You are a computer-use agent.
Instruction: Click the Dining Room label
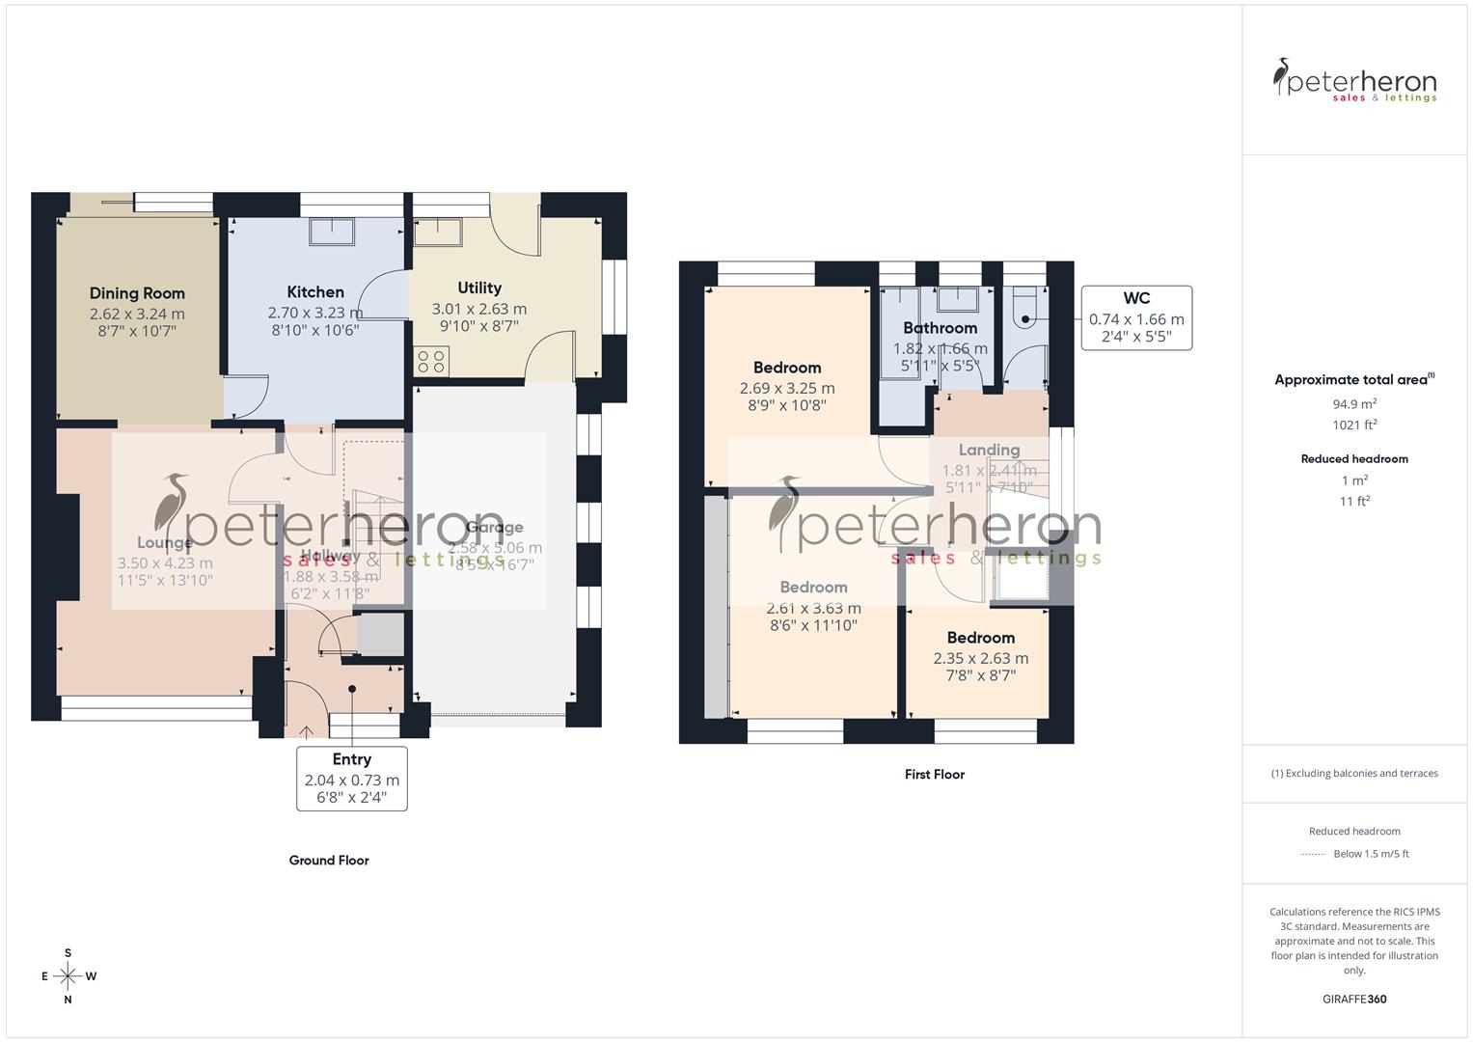click(x=137, y=293)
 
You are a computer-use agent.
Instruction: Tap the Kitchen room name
click(x=315, y=292)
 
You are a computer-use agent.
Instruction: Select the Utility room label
click(x=479, y=288)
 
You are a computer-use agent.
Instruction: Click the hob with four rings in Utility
click(x=430, y=362)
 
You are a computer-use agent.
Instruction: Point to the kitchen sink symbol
click(x=332, y=233)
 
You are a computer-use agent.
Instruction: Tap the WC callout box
click(x=1136, y=317)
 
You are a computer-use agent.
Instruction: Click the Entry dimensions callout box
click(x=352, y=778)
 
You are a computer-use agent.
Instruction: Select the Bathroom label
click(x=940, y=328)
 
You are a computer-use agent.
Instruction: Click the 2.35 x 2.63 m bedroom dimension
click(x=980, y=659)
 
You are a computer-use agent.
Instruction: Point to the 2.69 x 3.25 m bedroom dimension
click(x=787, y=388)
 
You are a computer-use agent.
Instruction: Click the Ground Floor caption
click(x=329, y=861)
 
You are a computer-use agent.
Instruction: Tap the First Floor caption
click(x=935, y=774)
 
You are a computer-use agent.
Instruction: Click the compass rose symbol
click(x=68, y=976)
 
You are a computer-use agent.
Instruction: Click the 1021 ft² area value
click(x=1354, y=425)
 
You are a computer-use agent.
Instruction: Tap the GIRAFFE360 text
click(x=1354, y=1000)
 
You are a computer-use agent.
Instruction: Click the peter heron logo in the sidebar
click(x=1354, y=80)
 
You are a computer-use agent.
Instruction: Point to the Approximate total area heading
click(x=1353, y=380)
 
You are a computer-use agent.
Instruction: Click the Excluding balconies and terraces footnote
click(x=1354, y=773)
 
